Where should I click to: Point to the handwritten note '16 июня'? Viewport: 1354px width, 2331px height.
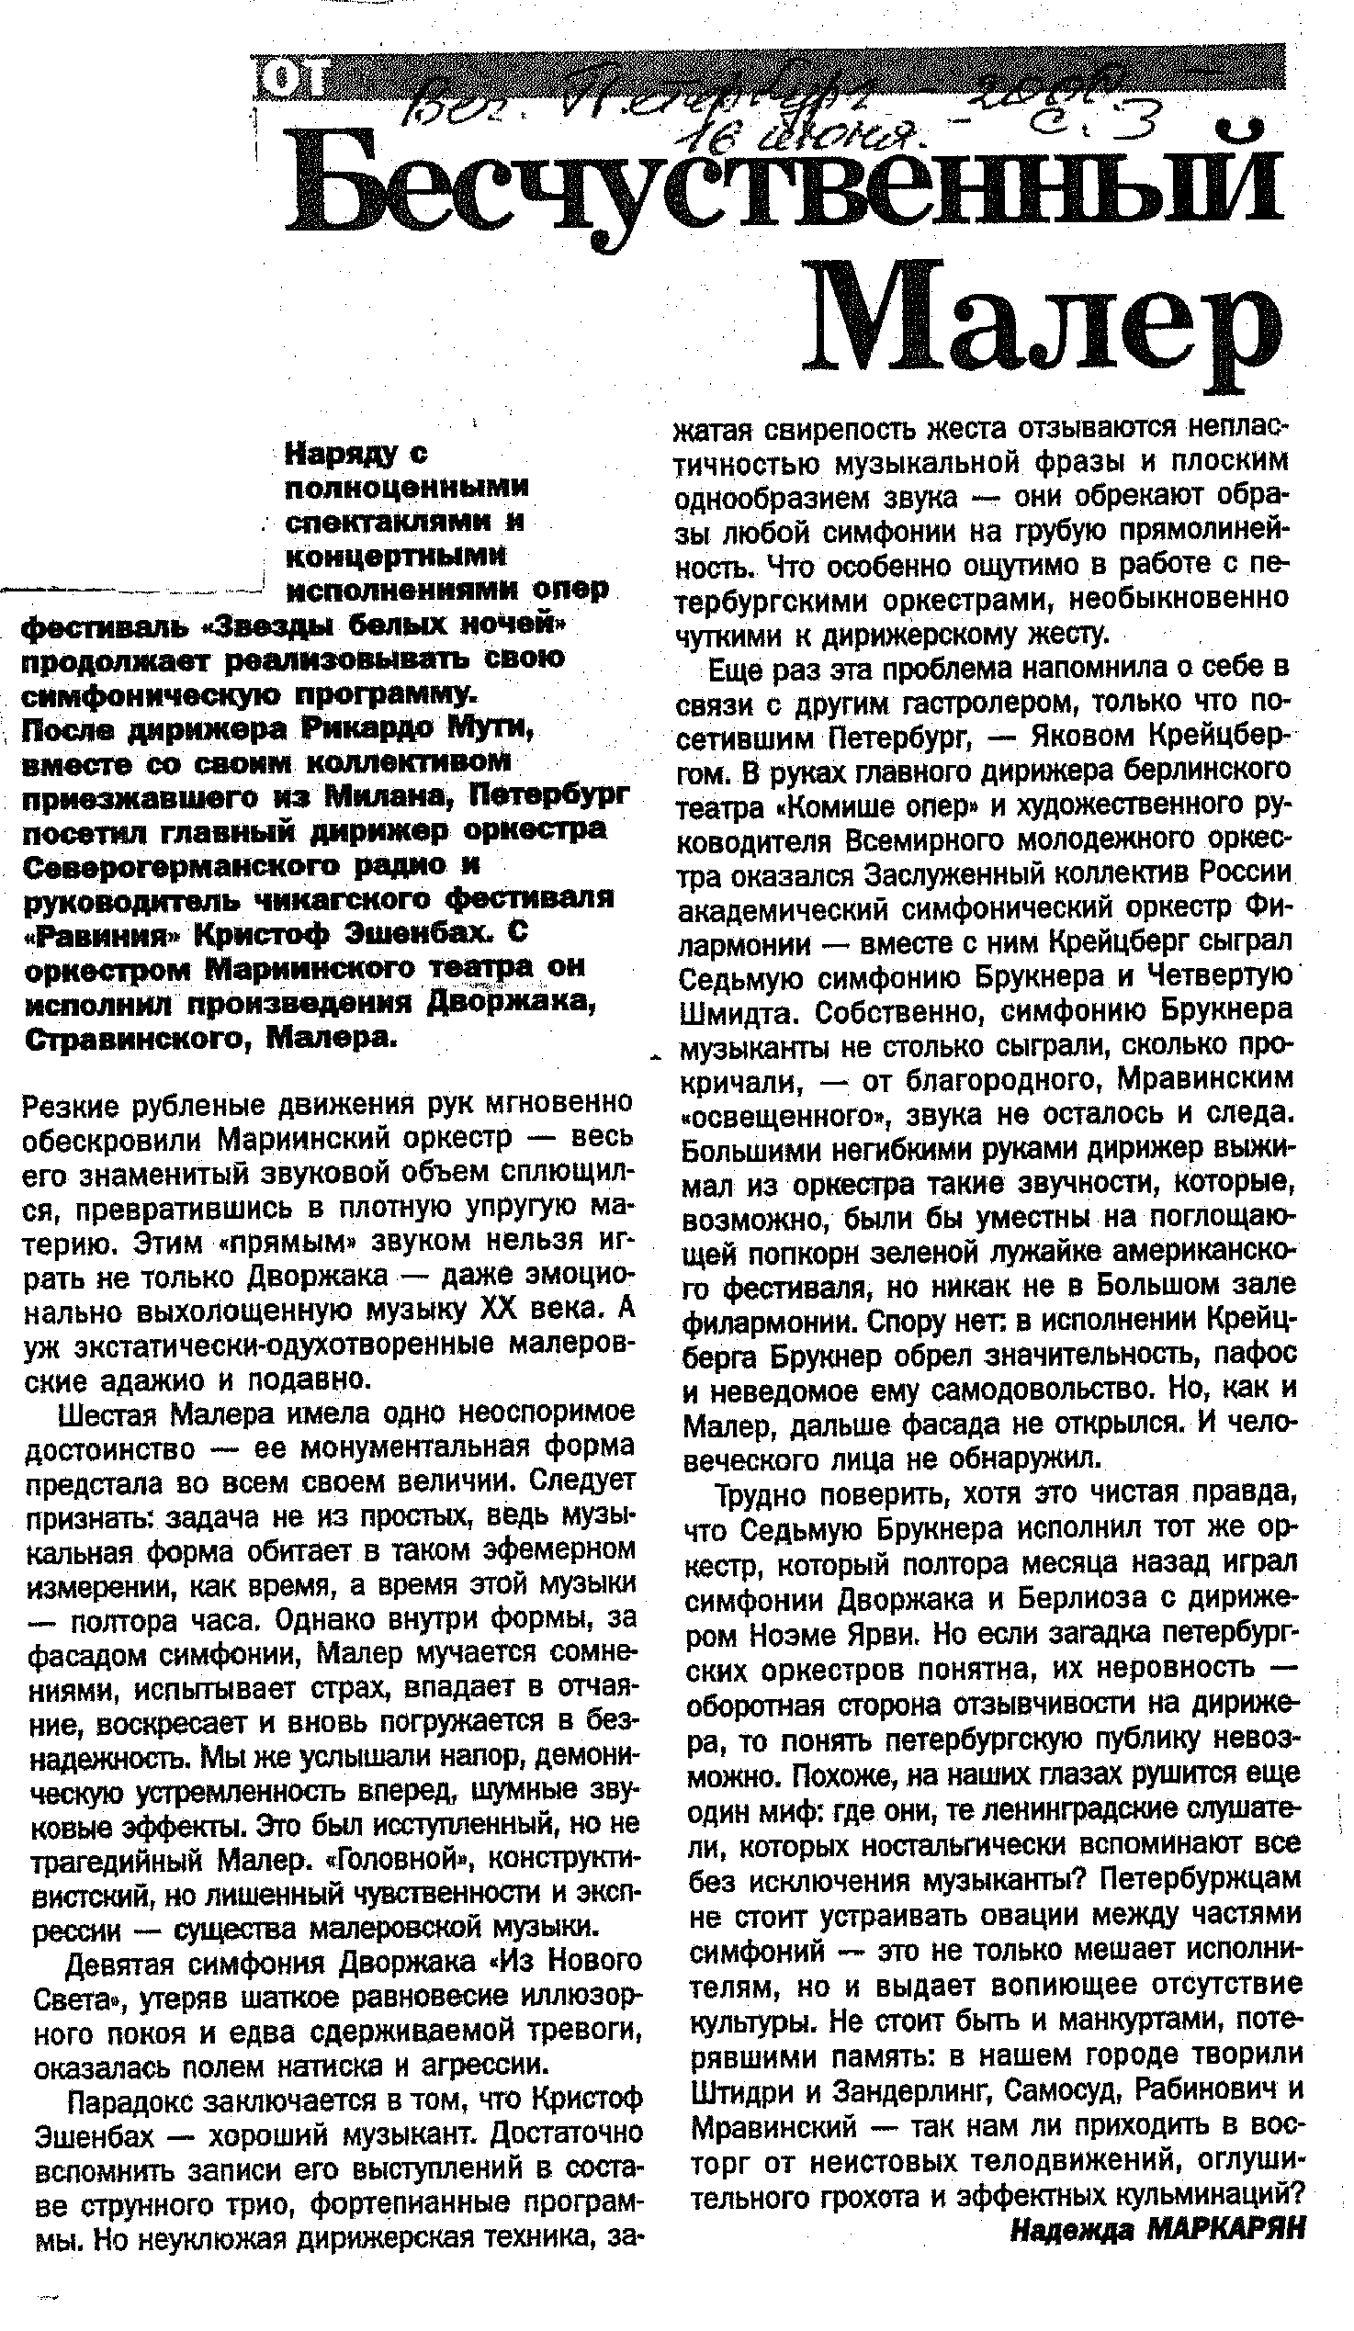click(x=805, y=139)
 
